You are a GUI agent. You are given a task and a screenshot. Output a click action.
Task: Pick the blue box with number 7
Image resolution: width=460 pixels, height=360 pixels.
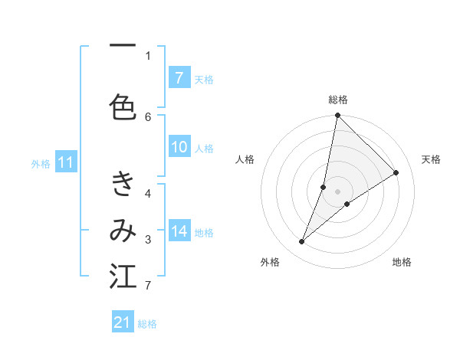tap(179, 78)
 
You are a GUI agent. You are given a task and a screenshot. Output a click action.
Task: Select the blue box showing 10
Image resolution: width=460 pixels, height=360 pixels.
tap(179, 148)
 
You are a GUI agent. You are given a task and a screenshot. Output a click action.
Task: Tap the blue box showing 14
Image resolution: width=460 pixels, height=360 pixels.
tap(179, 232)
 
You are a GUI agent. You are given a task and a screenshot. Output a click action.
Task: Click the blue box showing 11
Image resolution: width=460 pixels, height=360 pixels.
tap(67, 162)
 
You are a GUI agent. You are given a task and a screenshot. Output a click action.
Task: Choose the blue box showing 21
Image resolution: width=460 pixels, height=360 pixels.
tap(123, 322)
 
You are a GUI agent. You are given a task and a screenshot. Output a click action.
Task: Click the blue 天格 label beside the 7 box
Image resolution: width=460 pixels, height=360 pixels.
tap(204, 79)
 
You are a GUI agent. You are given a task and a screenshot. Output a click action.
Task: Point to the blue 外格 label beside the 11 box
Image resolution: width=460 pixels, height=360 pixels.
tap(41, 163)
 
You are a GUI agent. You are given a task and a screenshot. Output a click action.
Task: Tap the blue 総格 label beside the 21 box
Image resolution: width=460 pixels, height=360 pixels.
tap(147, 323)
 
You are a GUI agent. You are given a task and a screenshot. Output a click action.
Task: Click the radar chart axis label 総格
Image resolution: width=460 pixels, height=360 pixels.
tap(338, 100)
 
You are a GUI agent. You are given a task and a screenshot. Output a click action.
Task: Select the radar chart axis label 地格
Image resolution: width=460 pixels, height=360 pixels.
tap(402, 262)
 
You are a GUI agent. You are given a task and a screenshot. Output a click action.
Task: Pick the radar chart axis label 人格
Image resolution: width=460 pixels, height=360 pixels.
tap(245, 159)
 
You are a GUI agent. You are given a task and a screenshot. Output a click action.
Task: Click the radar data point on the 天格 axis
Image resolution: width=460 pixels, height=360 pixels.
tap(396, 172)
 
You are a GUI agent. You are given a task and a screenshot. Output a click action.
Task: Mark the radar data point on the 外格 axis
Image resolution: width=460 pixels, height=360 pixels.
tap(302, 242)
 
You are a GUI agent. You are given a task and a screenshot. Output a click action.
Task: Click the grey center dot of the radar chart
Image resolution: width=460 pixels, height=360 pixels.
tap(338, 191)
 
